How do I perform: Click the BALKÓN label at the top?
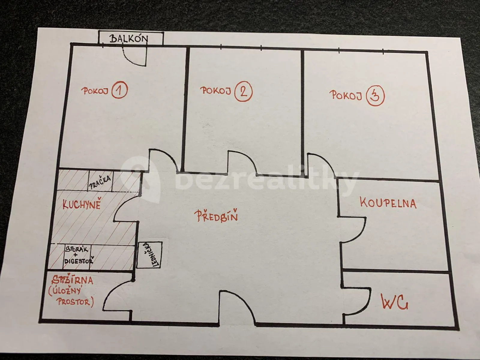(129, 39)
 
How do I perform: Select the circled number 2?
(243, 92)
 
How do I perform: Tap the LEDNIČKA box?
(149, 255)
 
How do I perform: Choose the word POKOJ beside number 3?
(346, 95)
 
